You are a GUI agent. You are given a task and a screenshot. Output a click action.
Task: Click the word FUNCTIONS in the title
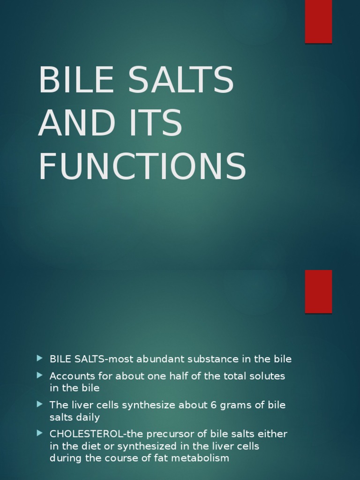142,166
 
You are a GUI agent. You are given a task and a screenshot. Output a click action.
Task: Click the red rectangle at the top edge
318,22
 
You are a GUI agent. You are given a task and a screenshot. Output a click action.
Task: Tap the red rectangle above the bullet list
318,291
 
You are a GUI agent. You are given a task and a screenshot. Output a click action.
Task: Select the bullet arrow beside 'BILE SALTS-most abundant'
39,359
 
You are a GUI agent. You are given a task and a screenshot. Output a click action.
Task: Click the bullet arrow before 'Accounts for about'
39,375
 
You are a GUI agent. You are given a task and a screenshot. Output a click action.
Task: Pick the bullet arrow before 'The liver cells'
39,404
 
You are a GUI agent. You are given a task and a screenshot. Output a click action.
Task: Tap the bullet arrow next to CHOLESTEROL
39,433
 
